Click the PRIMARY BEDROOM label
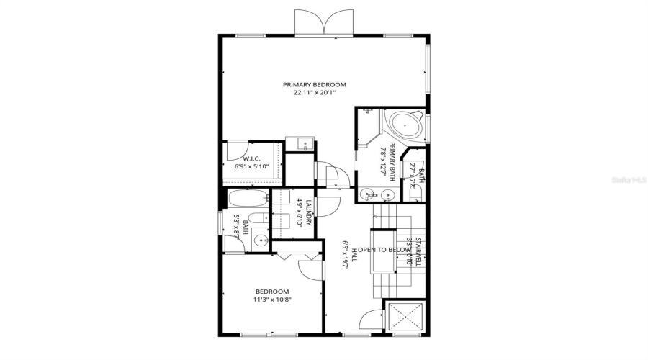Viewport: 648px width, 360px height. [314, 85]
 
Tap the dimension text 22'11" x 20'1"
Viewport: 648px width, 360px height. [314, 93]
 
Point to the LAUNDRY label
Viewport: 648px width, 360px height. [307, 213]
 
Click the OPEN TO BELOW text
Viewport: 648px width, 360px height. [389, 249]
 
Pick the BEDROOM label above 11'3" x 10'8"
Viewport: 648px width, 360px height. [271, 292]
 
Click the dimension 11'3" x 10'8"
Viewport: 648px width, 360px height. [271, 300]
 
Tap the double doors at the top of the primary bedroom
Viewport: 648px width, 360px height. [325, 22]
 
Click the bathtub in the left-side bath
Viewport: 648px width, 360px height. [248, 199]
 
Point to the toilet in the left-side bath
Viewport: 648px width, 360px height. [256, 220]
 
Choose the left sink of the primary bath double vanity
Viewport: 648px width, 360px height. [369, 194]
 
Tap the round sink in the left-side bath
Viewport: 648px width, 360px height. [261, 241]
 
